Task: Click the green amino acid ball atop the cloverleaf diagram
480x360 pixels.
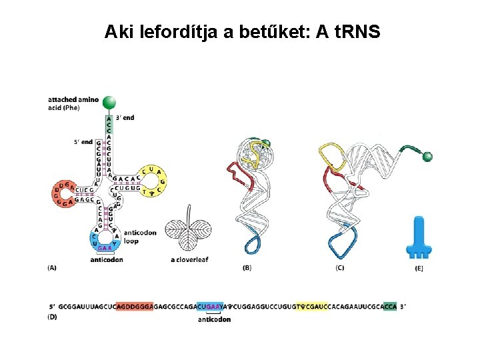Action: (109, 102)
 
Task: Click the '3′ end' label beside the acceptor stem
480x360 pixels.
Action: (125, 118)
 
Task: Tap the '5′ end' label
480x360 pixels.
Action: (83, 142)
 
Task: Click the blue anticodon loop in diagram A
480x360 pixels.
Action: (103, 240)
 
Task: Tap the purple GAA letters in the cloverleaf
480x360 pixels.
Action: (105, 248)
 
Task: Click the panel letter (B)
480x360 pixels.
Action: (247, 268)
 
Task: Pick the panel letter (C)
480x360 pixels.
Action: (340, 268)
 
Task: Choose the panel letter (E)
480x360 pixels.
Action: (419, 268)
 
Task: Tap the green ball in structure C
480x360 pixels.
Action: (427, 157)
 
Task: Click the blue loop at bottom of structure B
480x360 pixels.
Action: (253, 243)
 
